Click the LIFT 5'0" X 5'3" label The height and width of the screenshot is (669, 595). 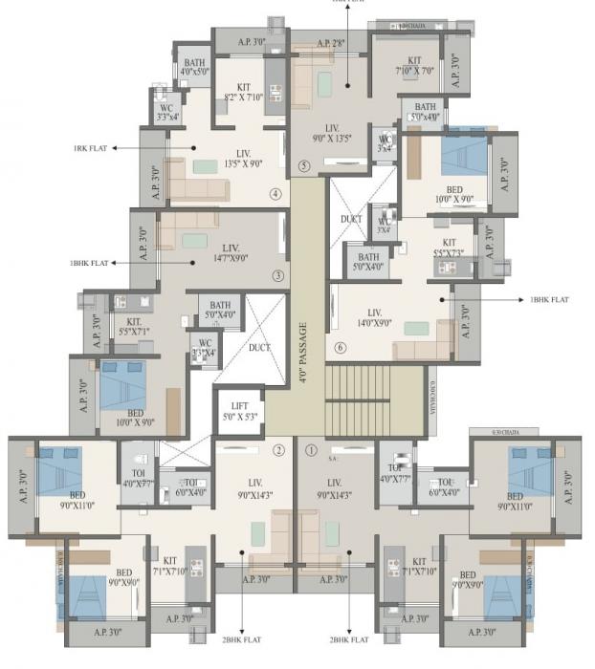240,412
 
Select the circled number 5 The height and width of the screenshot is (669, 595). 304,165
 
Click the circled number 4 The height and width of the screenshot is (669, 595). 275,194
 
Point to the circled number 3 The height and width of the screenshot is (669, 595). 278,277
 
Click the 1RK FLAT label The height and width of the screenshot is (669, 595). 91,149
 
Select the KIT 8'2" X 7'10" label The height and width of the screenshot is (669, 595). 244,91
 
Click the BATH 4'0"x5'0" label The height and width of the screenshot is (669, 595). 194,70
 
